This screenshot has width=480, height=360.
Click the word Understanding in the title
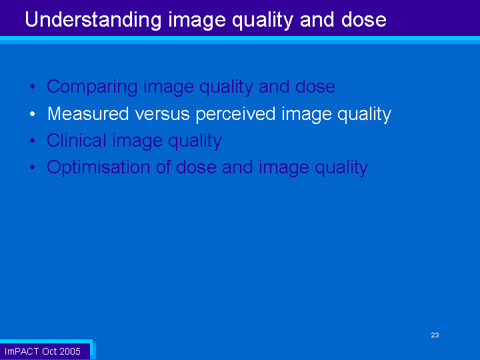point(93,21)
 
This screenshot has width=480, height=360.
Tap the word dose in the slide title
point(364,19)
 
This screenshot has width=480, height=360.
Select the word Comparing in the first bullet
point(92,87)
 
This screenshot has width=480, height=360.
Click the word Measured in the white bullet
point(88,113)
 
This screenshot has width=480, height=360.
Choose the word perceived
point(235,115)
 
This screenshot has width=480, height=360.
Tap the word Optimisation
point(98,167)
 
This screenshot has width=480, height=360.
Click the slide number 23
point(435,335)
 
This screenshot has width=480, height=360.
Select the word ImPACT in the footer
point(21,351)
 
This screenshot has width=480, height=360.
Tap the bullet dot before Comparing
point(33,87)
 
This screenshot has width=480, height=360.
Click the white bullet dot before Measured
point(33,114)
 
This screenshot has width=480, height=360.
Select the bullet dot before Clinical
point(33,141)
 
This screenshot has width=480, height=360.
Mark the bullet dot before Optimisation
point(33,167)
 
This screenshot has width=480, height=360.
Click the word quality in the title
point(263,21)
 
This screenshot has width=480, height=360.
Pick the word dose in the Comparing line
point(315,86)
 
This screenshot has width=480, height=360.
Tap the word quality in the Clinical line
point(195,141)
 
